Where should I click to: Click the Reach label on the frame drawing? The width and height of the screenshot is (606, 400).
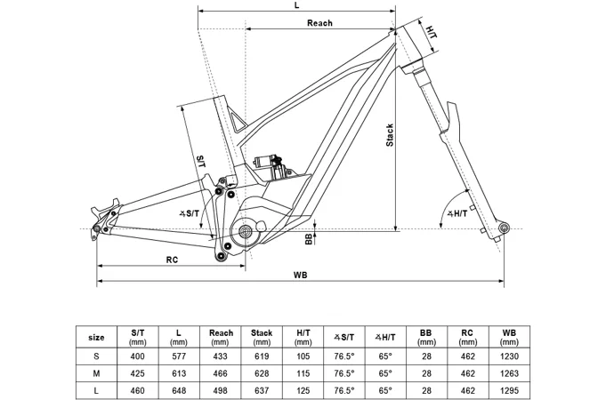[x=319, y=23]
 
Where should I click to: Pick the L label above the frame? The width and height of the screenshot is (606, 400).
[x=295, y=5]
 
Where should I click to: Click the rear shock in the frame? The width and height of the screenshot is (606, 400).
[x=268, y=161]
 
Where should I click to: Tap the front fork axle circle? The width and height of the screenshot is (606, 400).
[x=504, y=229]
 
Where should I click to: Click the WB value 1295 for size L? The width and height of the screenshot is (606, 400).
[x=509, y=389]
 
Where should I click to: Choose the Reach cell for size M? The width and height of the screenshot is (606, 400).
[x=221, y=373]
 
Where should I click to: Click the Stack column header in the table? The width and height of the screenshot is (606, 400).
[x=262, y=333]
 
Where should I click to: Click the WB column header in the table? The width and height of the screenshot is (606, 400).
[x=509, y=333]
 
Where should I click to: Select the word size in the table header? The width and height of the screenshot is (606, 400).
[x=97, y=338]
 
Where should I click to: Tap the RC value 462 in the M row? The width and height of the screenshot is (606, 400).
[x=467, y=373]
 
